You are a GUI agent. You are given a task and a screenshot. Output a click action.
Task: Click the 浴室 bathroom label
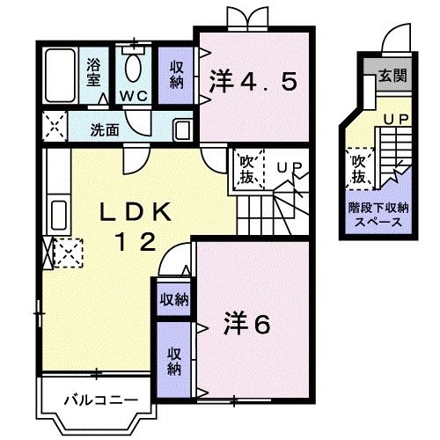(94, 70)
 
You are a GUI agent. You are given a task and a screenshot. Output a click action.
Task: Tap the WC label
(134, 94)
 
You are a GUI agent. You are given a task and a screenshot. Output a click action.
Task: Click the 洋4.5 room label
(253, 83)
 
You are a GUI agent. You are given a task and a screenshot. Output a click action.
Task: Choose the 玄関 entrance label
(391, 77)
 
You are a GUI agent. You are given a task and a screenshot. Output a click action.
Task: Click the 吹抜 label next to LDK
(246, 169)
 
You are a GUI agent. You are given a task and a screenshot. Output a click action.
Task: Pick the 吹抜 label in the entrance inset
(358, 169)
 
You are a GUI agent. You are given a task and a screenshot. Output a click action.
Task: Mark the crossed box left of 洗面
(54, 128)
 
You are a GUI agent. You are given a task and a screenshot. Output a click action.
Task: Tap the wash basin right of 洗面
(180, 128)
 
